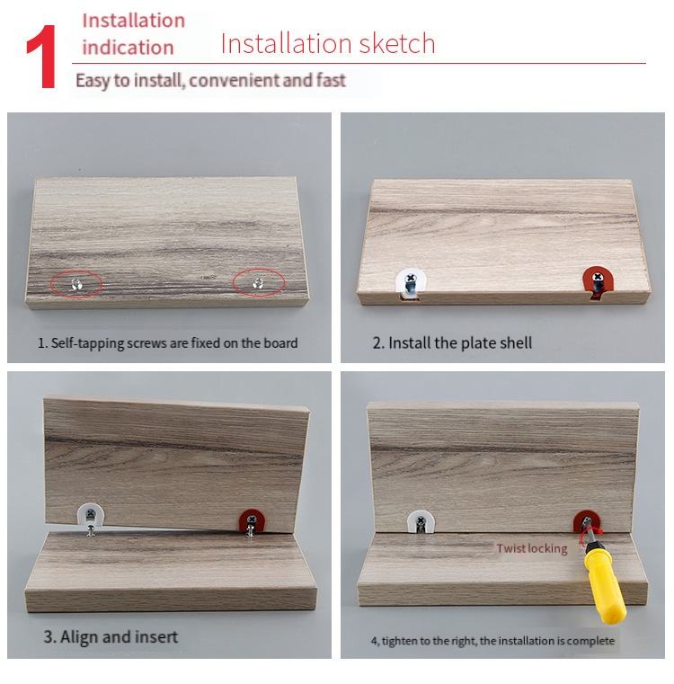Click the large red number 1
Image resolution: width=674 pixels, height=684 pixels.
[x=42, y=57]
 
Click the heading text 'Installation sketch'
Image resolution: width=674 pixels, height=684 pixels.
[x=328, y=44]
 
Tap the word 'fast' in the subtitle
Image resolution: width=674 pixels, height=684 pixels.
[x=331, y=80]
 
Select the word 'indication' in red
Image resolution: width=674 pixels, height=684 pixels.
[x=128, y=47]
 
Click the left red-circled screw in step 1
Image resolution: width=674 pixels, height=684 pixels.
[x=76, y=284]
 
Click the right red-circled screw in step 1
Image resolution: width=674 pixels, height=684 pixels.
[x=258, y=283]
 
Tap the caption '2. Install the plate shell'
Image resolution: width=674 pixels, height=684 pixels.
[x=452, y=342]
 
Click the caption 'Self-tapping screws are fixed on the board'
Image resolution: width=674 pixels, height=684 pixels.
[x=174, y=343]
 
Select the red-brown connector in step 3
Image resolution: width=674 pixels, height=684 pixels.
[x=252, y=520]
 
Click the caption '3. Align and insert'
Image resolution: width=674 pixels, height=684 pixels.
[x=111, y=637]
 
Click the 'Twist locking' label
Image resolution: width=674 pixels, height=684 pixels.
[x=532, y=548]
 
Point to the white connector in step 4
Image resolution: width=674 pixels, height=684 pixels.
[x=421, y=522]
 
